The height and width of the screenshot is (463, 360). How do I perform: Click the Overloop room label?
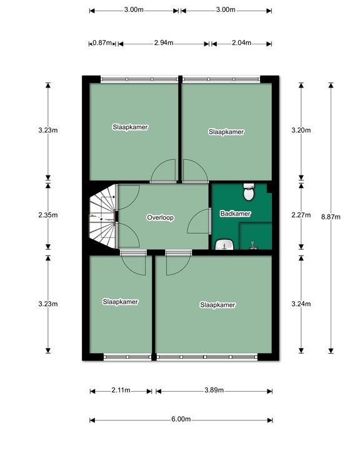[x=161, y=217]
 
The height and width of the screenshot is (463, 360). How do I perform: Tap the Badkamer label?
[x=236, y=213]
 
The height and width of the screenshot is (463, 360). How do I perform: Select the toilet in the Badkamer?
[x=249, y=192]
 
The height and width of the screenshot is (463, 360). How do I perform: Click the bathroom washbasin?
[x=225, y=245]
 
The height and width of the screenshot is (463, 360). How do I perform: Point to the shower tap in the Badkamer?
[x=252, y=245]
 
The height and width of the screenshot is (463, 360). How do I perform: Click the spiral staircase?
[x=102, y=216]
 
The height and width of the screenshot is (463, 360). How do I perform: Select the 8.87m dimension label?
[x=331, y=217]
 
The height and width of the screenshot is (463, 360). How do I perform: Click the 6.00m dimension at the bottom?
[x=181, y=419]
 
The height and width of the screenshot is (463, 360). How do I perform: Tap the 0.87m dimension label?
[x=102, y=43]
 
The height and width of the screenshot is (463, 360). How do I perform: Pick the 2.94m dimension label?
[x=164, y=43]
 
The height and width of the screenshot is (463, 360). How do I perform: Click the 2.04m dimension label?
[x=241, y=43]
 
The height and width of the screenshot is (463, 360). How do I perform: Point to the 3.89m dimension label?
[x=214, y=390]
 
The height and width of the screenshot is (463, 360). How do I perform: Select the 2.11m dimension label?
[x=121, y=390]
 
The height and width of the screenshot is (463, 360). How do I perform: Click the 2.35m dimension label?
[x=48, y=215]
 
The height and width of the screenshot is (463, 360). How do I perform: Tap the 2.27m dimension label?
[x=301, y=215]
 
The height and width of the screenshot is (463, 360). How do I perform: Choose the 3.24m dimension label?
[x=301, y=304]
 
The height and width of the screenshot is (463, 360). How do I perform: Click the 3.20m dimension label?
[x=301, y=130]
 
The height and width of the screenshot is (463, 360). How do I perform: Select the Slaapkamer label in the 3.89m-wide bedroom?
[x=217, y=305]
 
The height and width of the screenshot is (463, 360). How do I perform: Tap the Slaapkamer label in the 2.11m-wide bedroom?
[x=121, y=302]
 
